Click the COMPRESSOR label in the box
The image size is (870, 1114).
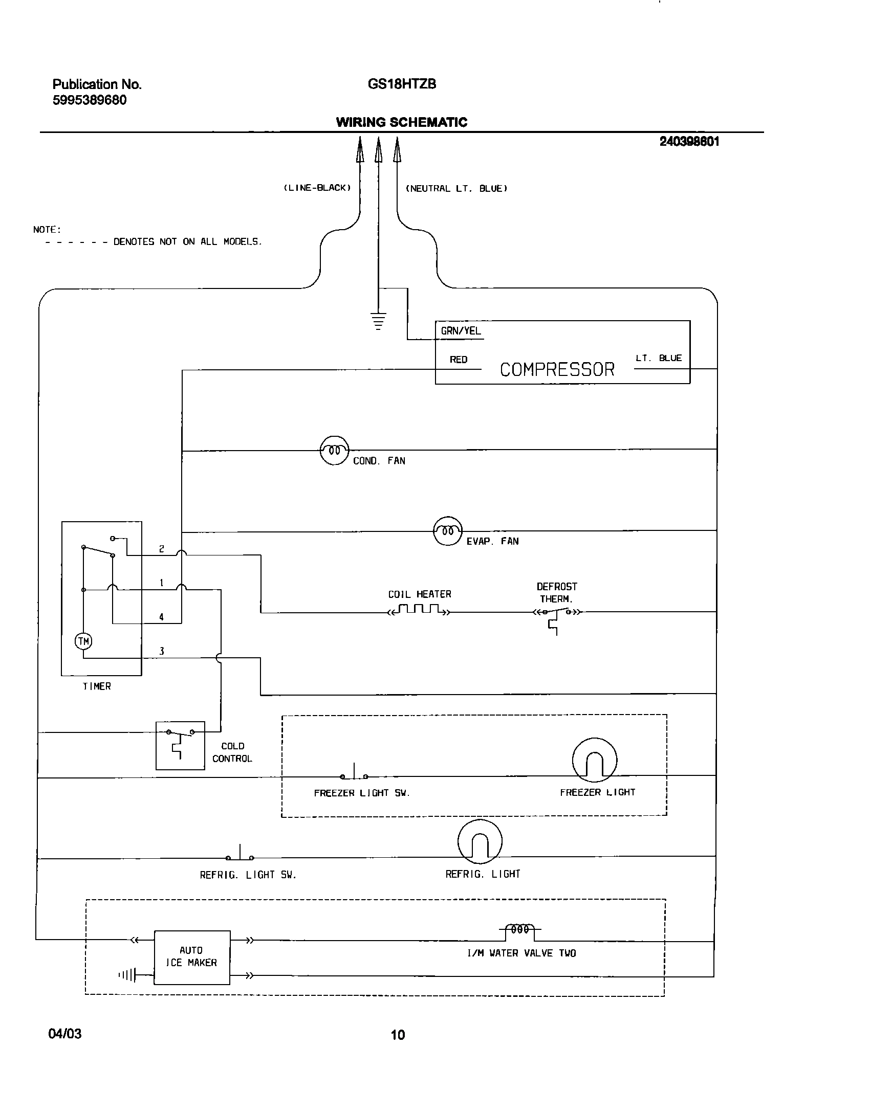point(557,369)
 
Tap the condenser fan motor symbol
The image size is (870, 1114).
point(334,450)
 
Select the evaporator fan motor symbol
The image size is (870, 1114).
point(448,531)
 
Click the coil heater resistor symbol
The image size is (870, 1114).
point(420,610)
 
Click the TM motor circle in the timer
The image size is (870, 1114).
point(83,641)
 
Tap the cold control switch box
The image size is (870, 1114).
point(180,745)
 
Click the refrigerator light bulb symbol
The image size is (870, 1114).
point(480,842)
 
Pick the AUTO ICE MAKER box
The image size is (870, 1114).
point(192,957)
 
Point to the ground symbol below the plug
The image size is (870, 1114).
point(378,321)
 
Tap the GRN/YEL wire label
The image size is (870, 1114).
point(461,331)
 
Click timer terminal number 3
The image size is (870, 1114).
point(162,651)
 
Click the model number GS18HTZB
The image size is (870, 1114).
point(402,84)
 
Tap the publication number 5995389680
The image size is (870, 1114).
point(90,100)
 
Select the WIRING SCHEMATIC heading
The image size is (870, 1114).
point(401,122)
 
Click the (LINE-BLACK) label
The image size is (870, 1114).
point(317,188)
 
